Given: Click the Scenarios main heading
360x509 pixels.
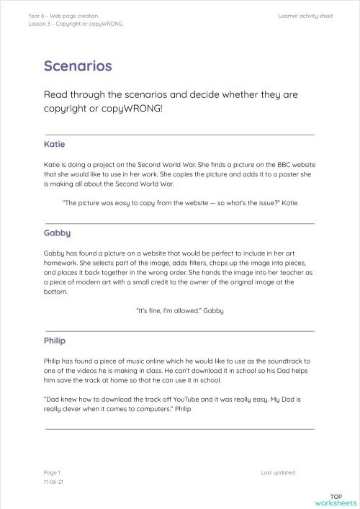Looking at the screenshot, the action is pos(77,66).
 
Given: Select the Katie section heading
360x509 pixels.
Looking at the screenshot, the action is pos(54,144).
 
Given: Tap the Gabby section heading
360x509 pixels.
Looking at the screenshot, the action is pos(57,234).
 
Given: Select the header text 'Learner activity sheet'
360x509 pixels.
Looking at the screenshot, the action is pos(305,15).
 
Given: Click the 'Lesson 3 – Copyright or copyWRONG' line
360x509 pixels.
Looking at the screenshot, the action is pos(75,24).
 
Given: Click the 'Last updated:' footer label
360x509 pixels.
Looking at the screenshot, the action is pos(278,472).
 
